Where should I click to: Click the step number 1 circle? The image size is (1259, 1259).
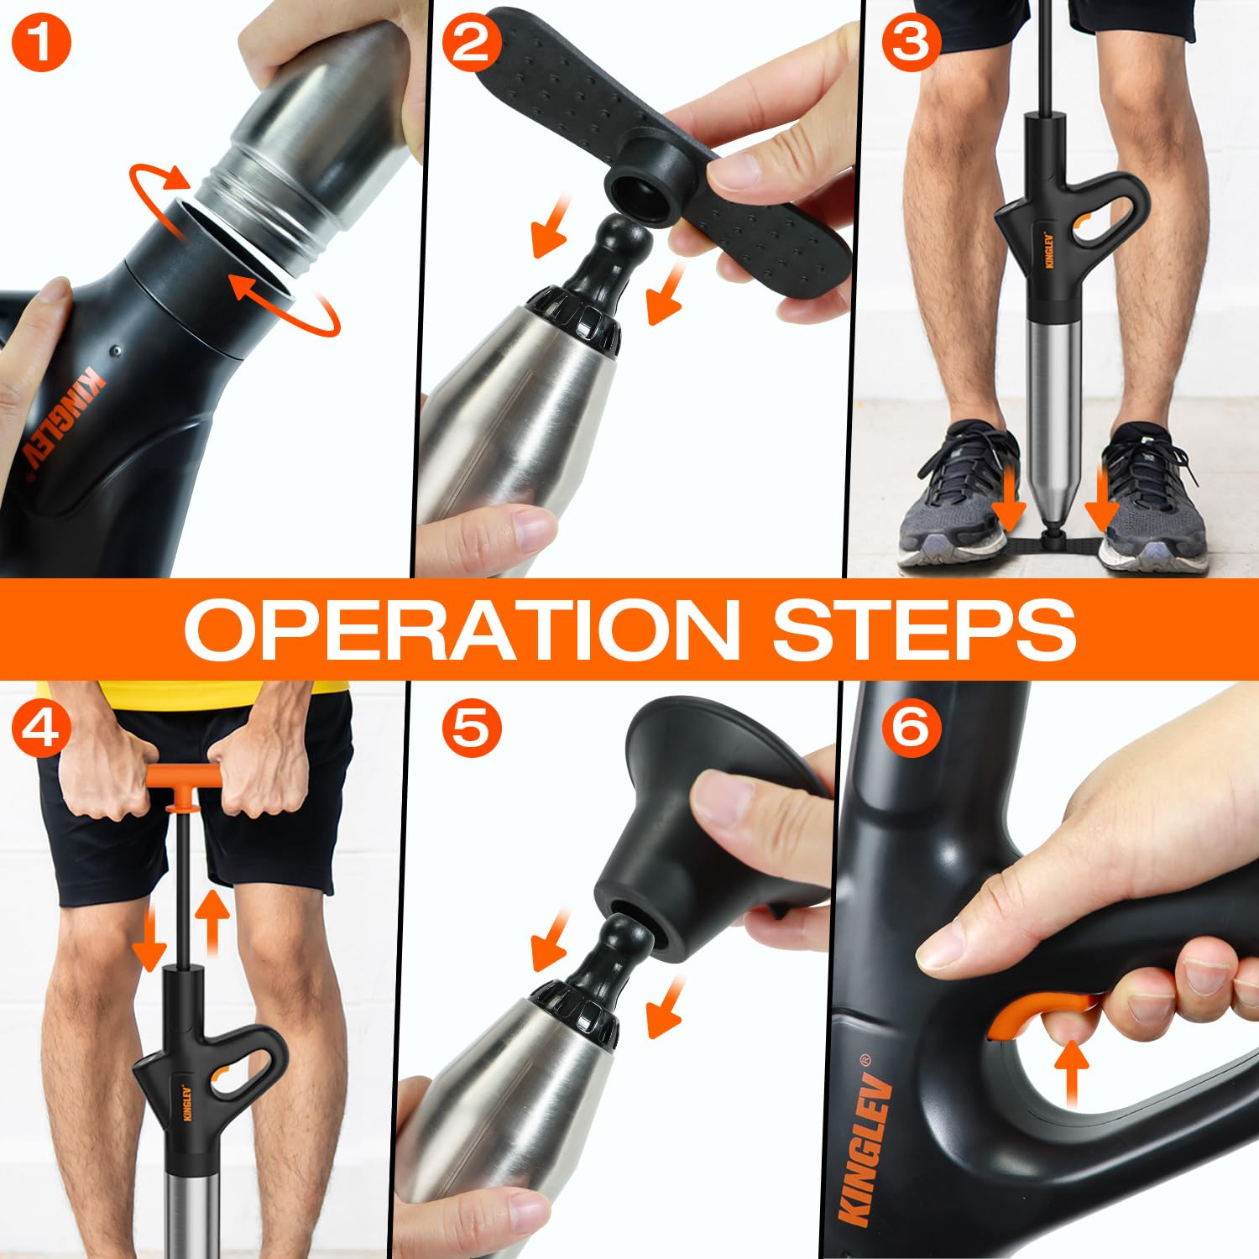(x=41, y=43)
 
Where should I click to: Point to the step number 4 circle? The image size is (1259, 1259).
(x=41, y=727)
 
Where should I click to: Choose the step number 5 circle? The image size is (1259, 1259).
(x=471, y=727)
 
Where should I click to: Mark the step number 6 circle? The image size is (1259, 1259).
(x=911, y=727)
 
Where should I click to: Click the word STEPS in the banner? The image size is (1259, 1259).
(x=924, y=629)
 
